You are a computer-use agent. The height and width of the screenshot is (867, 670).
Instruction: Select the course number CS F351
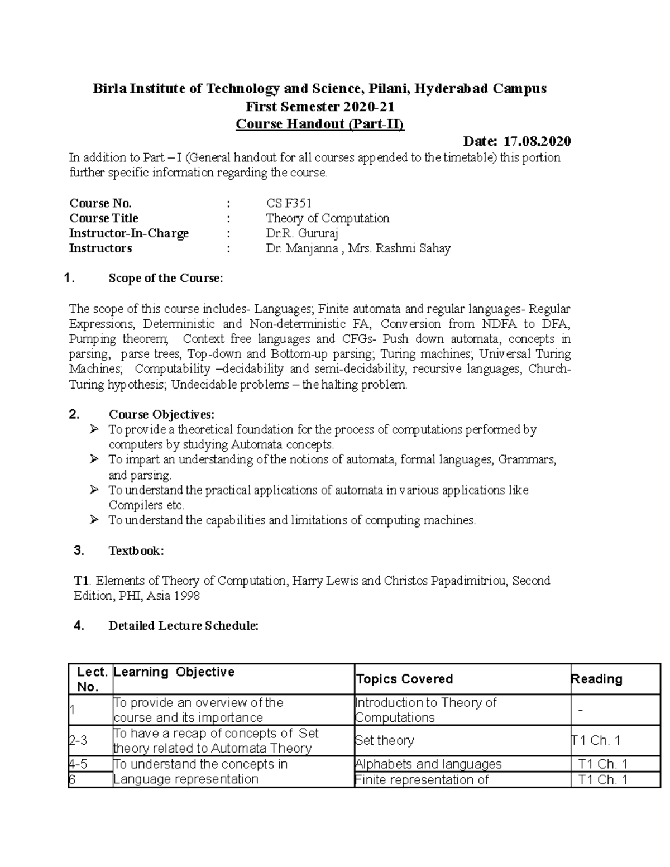pyautogui.click(x=289, y=203)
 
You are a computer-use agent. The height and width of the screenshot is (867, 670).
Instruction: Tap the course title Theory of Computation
pyautogui.click(x=327, y=218)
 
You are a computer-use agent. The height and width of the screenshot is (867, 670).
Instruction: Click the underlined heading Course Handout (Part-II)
pyautogui.click(x=320, y=124)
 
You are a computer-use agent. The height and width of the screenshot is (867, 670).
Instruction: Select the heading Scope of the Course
pyautogui.click(x=165, y=279)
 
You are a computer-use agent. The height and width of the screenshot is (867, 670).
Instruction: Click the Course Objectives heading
pyautogui.click(x=161, y=414)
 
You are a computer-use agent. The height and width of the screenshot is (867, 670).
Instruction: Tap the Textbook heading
pyautogui.click(x=136, y=551)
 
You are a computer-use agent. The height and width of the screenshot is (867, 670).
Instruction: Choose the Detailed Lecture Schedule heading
pyautogui.click(x=183, y=626)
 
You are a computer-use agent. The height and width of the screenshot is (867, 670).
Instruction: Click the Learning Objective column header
pyautogui.click(x=174, y=672)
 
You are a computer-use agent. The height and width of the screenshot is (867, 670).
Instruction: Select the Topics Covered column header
pyautogui.click(x=404, y=679)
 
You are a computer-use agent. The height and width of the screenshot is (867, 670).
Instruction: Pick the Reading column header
pyautogui.click(x=596, y=679)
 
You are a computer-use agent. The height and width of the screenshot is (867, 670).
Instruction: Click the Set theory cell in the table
pyautogui.click(x=385, y=741)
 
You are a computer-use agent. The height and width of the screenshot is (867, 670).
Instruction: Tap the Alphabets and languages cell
pyautogui.click(x=428, y=764)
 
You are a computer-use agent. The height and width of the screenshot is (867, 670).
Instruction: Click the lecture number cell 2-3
pyautogui.click(x=78, y=741)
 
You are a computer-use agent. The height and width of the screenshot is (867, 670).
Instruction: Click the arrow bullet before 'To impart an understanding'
pyautogui.click(x=94, y=459)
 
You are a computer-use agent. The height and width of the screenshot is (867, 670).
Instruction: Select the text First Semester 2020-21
pyautogui.click(x=320, y=106)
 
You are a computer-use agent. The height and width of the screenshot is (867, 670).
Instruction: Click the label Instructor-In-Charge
pyautogui.click(x=129, y=233)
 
